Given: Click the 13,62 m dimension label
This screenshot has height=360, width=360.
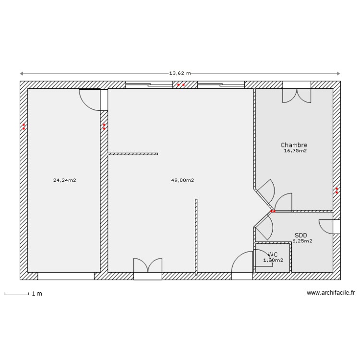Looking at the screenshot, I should click(180, 73).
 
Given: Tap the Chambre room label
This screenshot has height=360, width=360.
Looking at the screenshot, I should click(294, 145).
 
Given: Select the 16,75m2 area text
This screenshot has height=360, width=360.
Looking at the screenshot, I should click(295, 151).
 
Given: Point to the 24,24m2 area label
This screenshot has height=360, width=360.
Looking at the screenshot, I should click(64, 180).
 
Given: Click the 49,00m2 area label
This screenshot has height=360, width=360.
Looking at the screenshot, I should click(182, 180).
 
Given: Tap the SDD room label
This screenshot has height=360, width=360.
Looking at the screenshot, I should click(300, 235).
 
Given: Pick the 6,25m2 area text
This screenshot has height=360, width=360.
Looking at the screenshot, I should click(302, 241).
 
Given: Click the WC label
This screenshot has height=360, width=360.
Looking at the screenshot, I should click(273, 254).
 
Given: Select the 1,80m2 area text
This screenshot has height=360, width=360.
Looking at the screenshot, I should click(273, 260).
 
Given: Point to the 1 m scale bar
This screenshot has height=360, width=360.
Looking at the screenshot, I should click(16, 293).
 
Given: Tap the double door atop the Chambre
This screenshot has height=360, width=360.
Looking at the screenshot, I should click(297, 93).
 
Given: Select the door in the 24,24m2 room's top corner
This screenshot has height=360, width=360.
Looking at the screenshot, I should click(91, 99).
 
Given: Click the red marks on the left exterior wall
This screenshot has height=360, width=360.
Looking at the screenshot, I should click(24, 127).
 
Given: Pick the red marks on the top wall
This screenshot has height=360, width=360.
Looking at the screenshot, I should click(181, 85).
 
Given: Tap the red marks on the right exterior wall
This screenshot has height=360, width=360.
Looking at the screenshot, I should click(336, 190).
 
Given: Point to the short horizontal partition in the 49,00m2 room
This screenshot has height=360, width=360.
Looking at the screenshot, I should click(133, 154).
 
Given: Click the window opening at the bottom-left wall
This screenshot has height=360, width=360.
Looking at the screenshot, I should click(66, 276).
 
